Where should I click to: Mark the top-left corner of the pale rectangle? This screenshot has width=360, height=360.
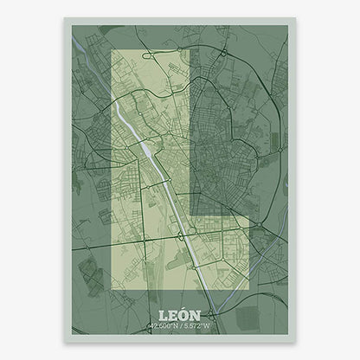point(113,50)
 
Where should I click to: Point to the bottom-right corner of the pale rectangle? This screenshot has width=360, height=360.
point(248,292)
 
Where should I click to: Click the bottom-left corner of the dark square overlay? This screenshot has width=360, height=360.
point(190,215)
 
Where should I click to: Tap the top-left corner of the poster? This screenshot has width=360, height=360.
point(62,18)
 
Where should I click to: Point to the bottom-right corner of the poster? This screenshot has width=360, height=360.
point(297,341)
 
